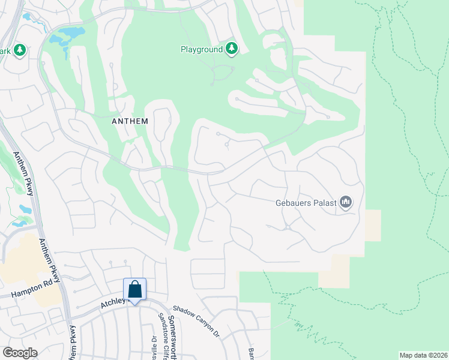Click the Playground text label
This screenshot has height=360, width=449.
point(202,49)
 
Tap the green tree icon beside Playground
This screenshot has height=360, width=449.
point(232,49)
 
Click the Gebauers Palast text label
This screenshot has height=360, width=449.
point(305,203)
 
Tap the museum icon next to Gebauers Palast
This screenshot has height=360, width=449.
point(345,203)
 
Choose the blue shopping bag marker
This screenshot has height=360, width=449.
point(134,290)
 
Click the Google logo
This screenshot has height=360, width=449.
point(20,353)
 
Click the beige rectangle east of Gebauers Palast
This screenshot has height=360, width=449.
point(372,226)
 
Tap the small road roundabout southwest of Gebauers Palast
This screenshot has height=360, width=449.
point(288,227)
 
